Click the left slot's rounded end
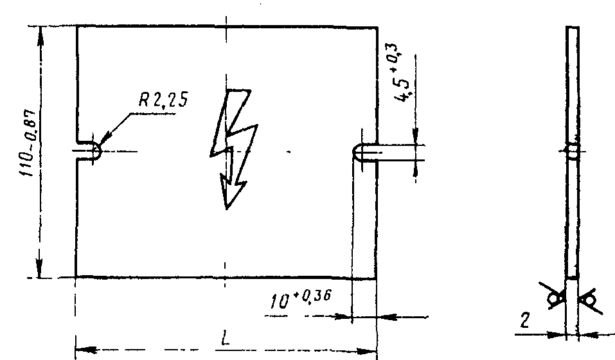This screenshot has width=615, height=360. click(95, 151)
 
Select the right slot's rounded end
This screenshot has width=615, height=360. click(357, 152)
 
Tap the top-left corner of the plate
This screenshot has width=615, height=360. click(77, 27)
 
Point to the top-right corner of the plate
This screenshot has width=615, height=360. click(376, 28)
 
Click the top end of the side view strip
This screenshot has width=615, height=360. click(572, 28)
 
